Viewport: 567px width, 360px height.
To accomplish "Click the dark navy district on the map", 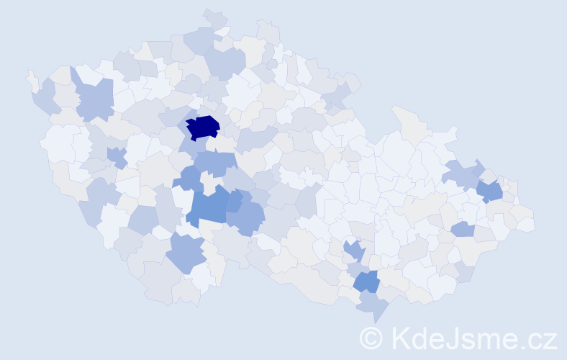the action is (203, 127).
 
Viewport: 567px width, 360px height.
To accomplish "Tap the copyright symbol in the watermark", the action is (372, 337).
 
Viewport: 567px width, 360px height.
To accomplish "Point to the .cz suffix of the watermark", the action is (539, 338).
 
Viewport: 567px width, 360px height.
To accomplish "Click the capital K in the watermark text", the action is (401, 337).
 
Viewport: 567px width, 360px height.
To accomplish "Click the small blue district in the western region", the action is (116, 156).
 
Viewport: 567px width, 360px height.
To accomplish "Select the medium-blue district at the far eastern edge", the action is (490, 191).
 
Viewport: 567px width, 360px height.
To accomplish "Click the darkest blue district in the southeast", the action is (366, 282).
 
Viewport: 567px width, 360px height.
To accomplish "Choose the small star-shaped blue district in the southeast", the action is (353, 251).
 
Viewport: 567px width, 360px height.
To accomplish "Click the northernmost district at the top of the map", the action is (214, 17).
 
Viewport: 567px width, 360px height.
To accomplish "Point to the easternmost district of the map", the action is (526, 223).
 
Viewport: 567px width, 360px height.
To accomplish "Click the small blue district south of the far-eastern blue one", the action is (463, 229).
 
